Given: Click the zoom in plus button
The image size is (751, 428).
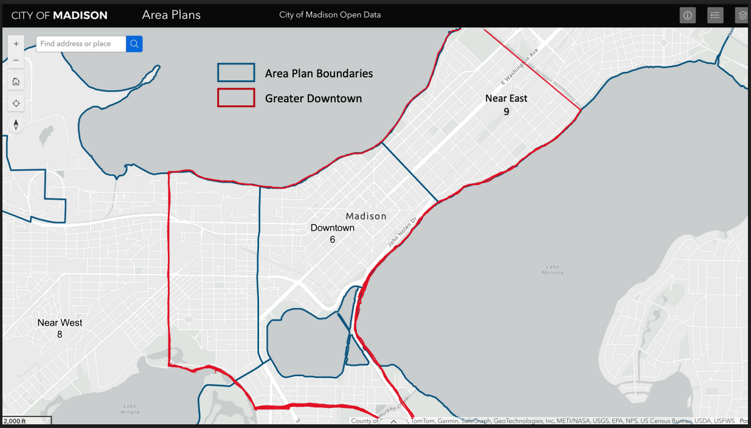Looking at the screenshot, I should [16, 44].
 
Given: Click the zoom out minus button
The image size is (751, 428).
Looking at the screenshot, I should [16, 60].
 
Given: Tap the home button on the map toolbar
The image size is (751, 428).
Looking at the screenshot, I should [16, 82].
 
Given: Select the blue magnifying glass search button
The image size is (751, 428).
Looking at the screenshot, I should [134, 44].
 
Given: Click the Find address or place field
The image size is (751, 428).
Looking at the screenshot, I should [81, 44].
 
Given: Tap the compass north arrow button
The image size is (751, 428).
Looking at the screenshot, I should [16, 125].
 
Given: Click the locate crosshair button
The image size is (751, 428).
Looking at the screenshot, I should [16, 103].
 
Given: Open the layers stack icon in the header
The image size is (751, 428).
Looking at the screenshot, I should [742, 15].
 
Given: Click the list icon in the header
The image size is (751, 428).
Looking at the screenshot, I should [715, 15].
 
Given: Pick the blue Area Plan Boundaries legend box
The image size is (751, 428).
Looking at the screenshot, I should [236, 73].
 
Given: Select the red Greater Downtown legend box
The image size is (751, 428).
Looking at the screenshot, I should [236, 98].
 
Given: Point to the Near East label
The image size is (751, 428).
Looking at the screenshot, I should [506, 98].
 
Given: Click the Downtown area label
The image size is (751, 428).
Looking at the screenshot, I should [332, 228].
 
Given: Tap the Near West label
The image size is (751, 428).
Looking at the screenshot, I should [60, 323].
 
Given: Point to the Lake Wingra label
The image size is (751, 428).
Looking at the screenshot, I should [130, 409].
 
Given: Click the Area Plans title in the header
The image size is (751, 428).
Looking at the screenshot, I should [171, 15].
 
